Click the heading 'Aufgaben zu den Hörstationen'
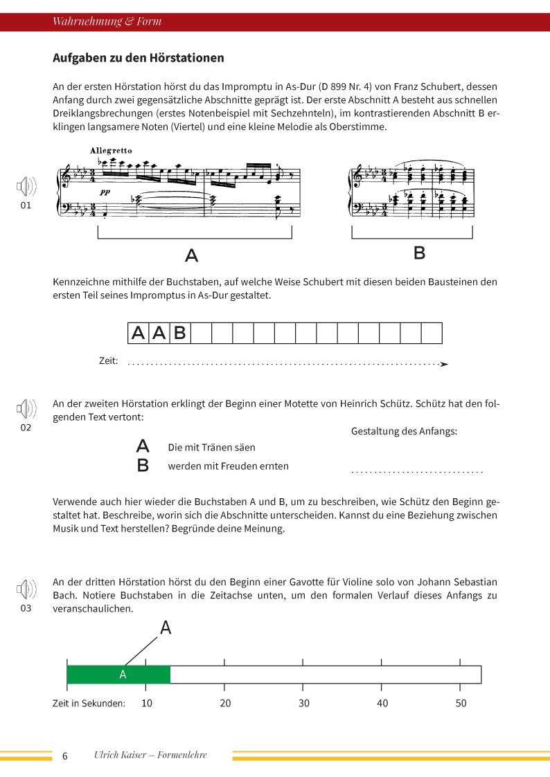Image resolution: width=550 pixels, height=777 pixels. (x=139, y=58)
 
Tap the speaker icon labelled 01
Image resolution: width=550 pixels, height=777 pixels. (x=26, y=187)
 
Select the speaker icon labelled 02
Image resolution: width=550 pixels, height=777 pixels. (x=26, y=409)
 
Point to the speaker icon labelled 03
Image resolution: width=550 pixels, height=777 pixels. (x=26, y=589)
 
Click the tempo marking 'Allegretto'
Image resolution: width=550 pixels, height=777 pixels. (x=111, y=150)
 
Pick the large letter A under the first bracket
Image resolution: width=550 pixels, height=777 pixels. (x=192, y=255)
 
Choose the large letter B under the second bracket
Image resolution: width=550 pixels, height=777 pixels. (x=419, y=253)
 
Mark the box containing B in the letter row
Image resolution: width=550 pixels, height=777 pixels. (x=179, y=333)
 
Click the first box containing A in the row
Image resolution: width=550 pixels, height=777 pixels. (x=138, y=333)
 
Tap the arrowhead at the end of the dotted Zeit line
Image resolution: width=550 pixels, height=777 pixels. (x=445, y=364)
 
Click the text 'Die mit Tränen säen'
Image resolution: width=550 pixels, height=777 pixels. (x=211, y=448)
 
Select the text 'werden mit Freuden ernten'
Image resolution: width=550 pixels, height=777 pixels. (x=228, y=466)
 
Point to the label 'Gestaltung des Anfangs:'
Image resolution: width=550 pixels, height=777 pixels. (x=405, y=431)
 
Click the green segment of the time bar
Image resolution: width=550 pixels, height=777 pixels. (x=118, y=675)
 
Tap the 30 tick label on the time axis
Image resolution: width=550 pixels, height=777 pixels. (x=303, y=703)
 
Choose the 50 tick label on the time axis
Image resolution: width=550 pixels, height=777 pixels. (x=461, y=703)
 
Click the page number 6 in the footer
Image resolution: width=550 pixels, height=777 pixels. (x=65, y=756)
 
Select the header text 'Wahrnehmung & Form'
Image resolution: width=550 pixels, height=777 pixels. (x=107, y=21)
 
